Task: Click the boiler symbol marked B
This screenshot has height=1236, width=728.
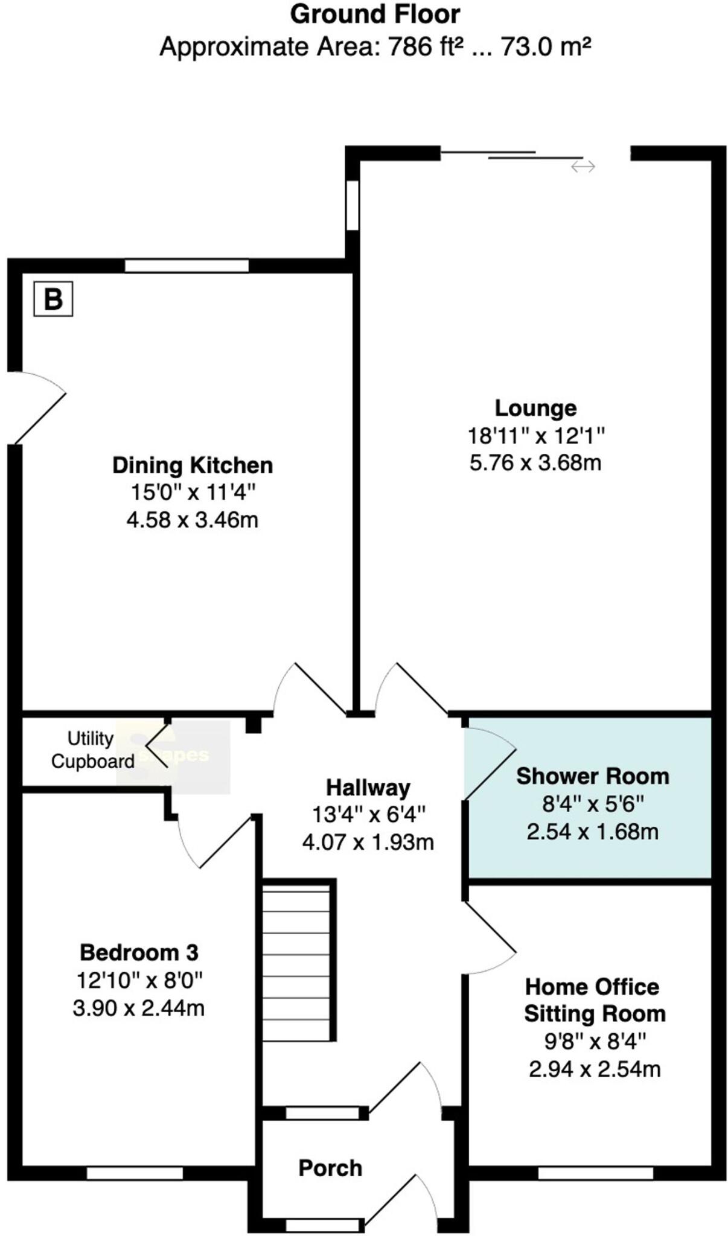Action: click(x=53, y=299)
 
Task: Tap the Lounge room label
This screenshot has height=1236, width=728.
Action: click(x=535, y=408)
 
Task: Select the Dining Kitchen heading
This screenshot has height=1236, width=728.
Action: click(x=193, y=465)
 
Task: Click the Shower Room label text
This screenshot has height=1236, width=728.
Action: click(x=592, y=776)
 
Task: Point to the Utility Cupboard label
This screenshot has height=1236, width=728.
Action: click(x=92, y=750)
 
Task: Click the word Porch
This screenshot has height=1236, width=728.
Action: click(x=330, y=1168)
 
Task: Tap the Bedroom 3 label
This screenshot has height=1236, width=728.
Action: click(x=139, y=952)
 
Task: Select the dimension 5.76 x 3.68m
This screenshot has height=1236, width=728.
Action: click(x=535, y=463)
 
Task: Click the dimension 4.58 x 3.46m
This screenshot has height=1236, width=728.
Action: click(x=193, y=520)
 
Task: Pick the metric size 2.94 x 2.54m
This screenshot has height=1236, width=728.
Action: click(x=595, y=1069)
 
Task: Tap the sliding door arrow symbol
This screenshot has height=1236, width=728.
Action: click(x=583, y=167)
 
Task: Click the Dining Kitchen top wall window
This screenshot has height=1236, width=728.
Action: click(x=187, y=266)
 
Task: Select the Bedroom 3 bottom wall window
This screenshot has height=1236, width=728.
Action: click(x=135, y=1173)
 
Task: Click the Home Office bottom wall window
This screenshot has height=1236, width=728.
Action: click(x=595, y=1173)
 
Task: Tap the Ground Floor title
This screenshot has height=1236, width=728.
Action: click(x=375, y=14)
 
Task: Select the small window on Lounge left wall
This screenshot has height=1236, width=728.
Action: click(x=352, y=205)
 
